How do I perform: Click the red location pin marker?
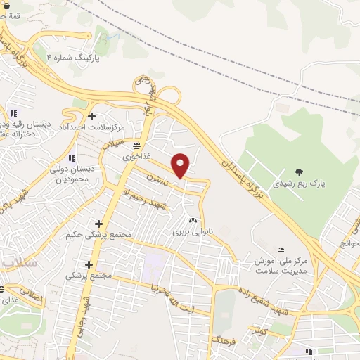181,165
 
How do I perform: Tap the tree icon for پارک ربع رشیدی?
300,171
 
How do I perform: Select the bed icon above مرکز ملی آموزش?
281,250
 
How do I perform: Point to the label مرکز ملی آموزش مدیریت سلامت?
281,265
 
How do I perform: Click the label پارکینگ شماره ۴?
73,57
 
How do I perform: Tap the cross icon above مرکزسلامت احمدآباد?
91,116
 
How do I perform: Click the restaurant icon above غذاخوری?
136,146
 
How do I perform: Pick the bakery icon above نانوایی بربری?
192,219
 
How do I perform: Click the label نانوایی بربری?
192,230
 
